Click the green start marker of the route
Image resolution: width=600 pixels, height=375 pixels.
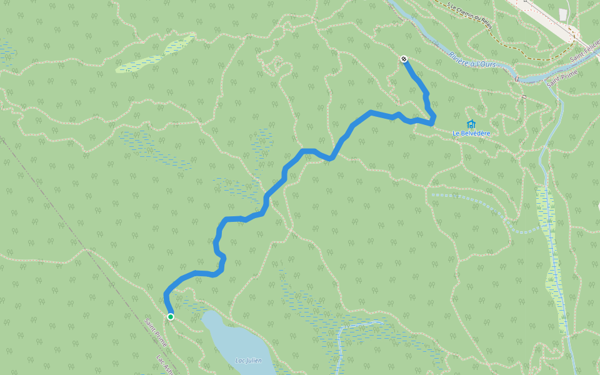pyautogui.click(x=170, y=317)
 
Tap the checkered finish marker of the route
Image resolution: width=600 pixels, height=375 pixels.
pyautogui.click(x=404, y=59)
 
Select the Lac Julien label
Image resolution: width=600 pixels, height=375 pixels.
pyautogui.click(x=248, y=361)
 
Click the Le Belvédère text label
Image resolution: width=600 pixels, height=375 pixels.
pyautogui.click(x=471, y=134)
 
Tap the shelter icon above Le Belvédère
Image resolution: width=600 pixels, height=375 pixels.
pyautogui.click(x=471, y=124)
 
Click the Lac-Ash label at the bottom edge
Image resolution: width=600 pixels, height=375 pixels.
pyautogui.click(x=163, y=366)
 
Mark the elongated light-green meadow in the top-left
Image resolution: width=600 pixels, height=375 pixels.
pyautogui.click(x=153, y=56)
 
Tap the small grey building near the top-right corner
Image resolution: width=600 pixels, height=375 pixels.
pyautogui.click(x=564, y=14)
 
